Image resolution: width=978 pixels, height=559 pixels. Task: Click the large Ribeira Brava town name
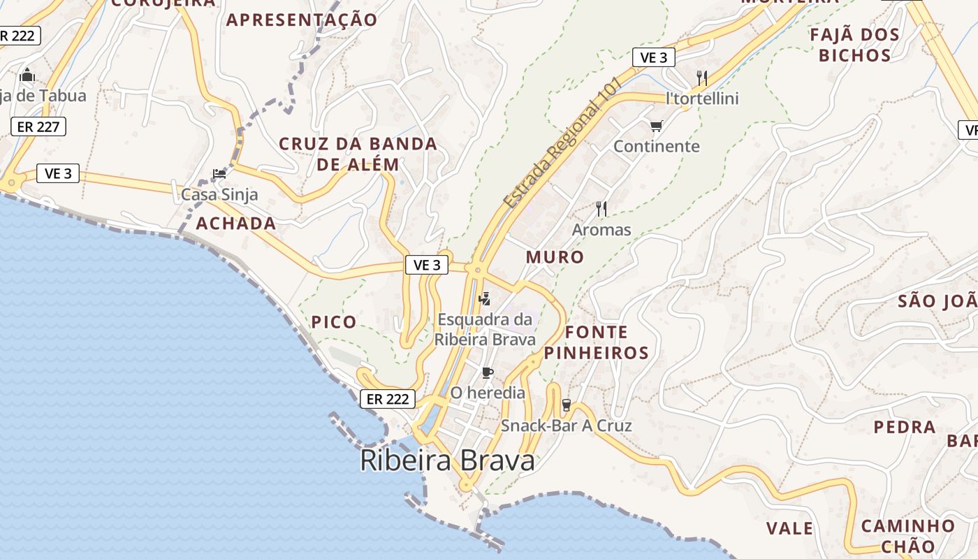pyautogui.click(x=447, y=460)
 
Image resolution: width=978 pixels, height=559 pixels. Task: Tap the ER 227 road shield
pyautogui.click(x=38, y=126)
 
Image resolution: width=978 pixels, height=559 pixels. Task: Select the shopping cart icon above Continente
pyautogui.click(x=656, y=126)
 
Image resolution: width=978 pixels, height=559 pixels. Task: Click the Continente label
pyautogui.click(x=656, y=146)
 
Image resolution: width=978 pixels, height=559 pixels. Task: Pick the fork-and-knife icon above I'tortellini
pyautogui.click(x=702, y=78)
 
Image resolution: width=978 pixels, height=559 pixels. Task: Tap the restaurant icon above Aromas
pyautogui.click(x=601, y=208)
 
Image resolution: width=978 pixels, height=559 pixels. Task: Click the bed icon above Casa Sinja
pyautogui.click(x=219, y=174)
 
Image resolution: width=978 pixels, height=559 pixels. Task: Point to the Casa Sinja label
pyautogui.click(x=219, y=194)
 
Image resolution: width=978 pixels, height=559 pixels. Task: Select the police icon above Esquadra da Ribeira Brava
pyautogui.click(x=484, y=300)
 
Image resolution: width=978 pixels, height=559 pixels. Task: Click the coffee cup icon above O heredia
pyautogui.click(x=487, y=372)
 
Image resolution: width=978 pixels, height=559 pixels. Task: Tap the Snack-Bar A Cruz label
pyautogui.click(x=566, y=426)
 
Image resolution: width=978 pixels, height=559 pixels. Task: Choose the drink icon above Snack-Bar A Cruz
pyautogui.click(x=566, y=405)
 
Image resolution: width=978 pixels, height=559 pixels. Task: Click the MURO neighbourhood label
pyautogui.click(x=555, y=257)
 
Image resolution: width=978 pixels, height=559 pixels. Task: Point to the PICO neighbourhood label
pyautogui.click(x=333, y=322)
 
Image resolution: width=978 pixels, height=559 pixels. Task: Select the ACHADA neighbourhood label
pyautogui.click(x=235, y=224)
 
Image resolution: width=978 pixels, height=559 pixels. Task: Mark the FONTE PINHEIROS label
pyautogui.click(x=606, y=342)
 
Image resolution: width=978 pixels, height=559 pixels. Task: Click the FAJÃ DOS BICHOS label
pyautogui.click(x=854, y=45)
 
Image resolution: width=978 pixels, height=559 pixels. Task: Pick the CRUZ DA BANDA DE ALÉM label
pyautogui.click(x=358, y=154)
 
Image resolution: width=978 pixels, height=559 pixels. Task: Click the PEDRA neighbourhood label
pyautogui.click(x=904, y=427)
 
